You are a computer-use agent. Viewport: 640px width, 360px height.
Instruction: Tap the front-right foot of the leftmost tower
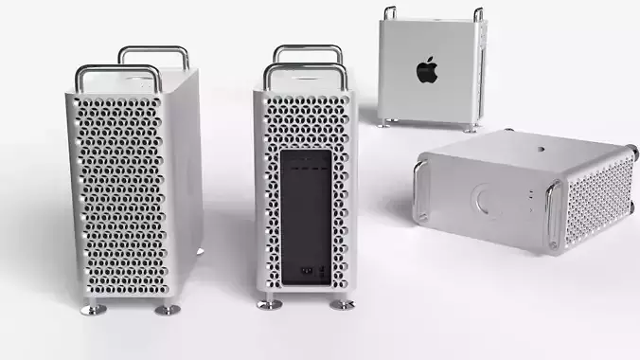point(167,308)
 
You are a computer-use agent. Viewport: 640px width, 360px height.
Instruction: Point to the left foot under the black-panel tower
point(269,303)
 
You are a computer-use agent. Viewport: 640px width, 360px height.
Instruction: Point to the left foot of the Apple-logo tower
point(382,122)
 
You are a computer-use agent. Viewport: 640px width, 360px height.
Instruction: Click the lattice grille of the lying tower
point(597,201)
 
